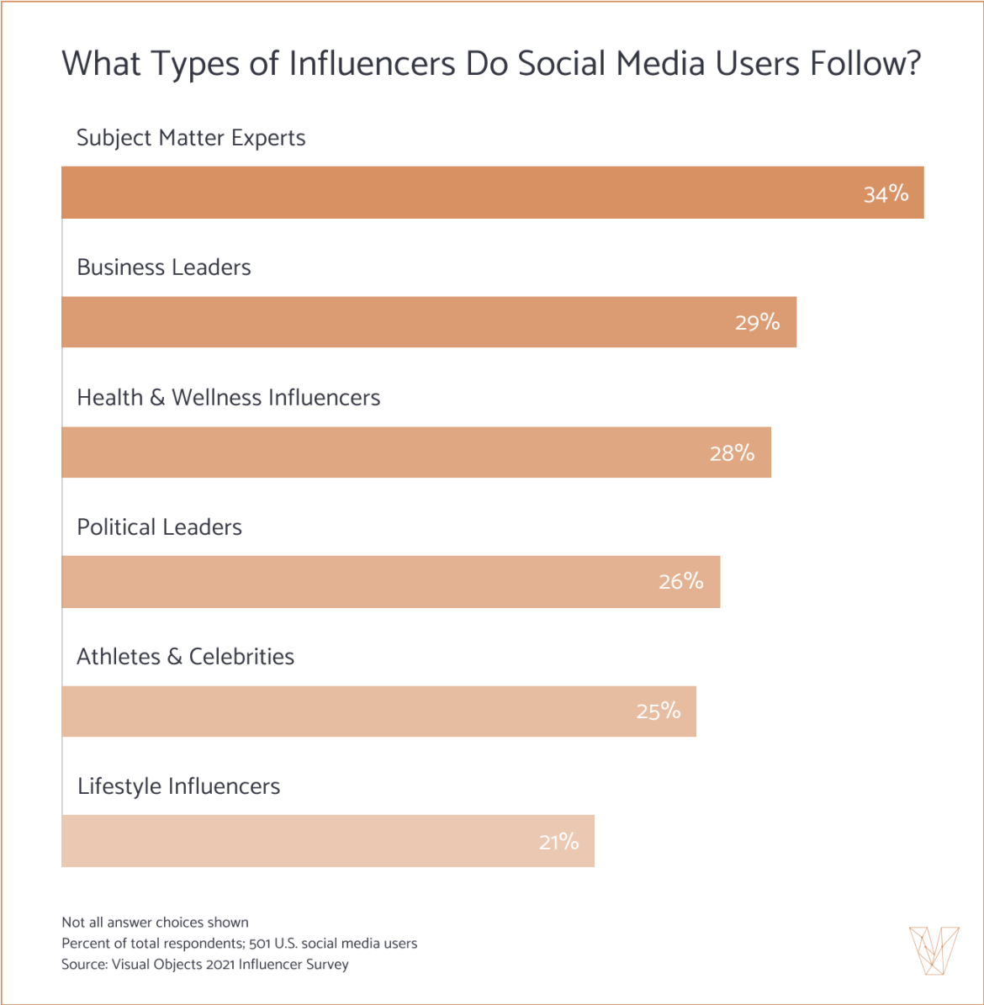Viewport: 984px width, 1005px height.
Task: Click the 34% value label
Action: pyautogui.click(x=886, y=194)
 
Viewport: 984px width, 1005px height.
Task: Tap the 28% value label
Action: pyautogui.click(x=732, y=453)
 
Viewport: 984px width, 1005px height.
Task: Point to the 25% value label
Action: pyautogui.click(x=659, y=711)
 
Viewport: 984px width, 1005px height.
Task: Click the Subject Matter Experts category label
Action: pyautogui.click(x=191, y=138)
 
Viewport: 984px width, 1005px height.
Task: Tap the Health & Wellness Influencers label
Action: pyautogui.click(x=228, y=398)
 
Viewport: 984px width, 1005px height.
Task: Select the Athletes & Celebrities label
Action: pyautogui.click(x=185, y=657)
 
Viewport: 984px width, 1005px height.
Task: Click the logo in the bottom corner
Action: pyautogui.click(x=934, y=950)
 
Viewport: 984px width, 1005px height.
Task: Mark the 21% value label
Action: pyautogui.click(x=558, y=842)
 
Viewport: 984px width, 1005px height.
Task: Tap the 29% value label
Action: pyautogui.click(x=757, y=323)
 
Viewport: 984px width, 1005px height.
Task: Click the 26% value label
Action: pyautogui.click(x=681, y=582)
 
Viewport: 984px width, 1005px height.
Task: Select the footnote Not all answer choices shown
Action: pyautogui.click(x=155, y=923)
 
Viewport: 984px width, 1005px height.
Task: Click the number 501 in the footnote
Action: pyautogui.click(x=259, y=944)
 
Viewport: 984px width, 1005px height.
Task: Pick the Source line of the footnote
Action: pyautogui.click(x=204, y=965)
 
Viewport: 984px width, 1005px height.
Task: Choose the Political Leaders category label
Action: pyautogui.click(x=159, y=527)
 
